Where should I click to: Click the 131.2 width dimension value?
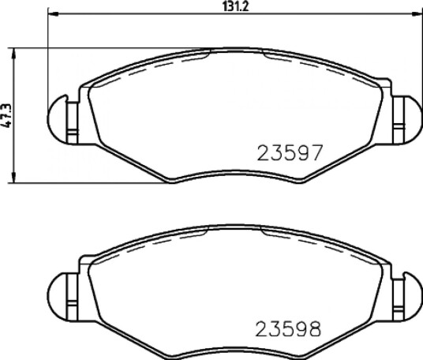[235, 6]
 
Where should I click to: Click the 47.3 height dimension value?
[6, 115]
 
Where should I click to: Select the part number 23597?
[290, 152]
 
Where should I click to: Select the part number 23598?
[288, 328]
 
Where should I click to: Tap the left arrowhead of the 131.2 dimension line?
[53, 13]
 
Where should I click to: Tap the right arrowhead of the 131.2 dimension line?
[417, 13]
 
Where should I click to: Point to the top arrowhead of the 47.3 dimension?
[13, 53]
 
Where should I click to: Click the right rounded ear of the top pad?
[412, 118]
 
